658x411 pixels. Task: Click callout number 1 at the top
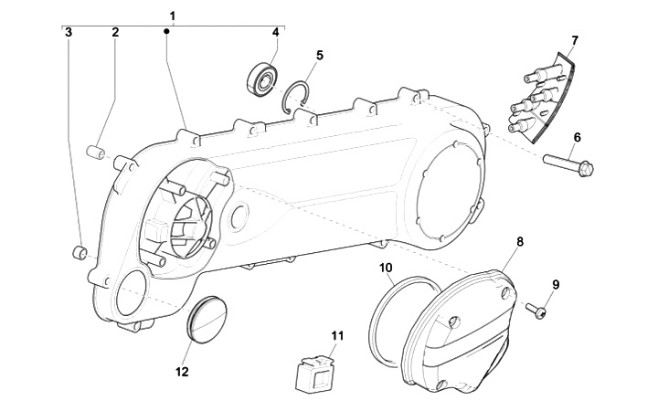173,16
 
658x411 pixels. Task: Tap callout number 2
115,32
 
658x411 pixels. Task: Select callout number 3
69,32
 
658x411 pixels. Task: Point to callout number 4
275,32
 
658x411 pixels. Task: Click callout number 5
320,55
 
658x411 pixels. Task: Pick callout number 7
575,41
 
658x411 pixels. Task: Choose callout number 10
386,267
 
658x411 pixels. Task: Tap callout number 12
182,372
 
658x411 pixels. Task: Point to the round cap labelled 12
207,320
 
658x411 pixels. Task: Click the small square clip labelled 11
314,374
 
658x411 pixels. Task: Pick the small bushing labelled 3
80,252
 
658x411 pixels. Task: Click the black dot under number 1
166,31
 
